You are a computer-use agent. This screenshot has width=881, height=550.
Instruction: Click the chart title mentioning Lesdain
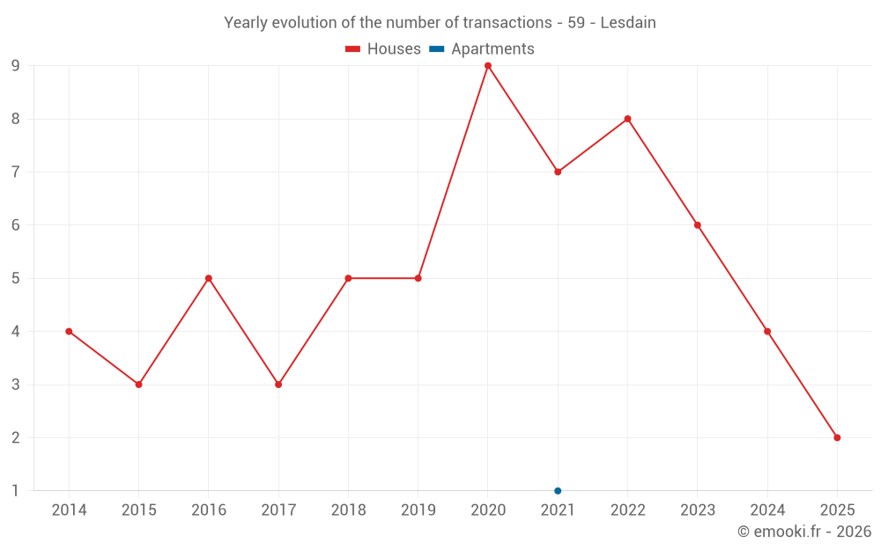point(440,23)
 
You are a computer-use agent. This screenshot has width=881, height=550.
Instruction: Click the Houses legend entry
point(383,49)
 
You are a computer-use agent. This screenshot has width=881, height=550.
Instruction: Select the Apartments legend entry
point(482,49)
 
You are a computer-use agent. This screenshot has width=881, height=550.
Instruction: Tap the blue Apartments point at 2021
point(558,491)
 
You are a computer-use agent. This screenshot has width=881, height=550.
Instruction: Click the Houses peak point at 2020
point(488,66)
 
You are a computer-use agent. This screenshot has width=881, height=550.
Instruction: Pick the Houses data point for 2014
point(69,332)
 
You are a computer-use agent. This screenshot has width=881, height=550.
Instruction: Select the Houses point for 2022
point(627,119)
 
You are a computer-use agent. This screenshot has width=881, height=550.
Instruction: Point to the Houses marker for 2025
point(837,437)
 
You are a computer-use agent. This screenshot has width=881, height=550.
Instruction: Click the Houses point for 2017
point(278,385)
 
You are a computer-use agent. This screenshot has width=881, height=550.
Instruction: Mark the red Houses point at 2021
point(558,172)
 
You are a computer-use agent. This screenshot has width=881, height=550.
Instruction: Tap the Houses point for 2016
point(209,278)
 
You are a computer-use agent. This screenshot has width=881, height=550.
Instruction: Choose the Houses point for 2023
point(698,225)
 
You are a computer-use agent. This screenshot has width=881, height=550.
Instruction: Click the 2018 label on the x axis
point(348,510)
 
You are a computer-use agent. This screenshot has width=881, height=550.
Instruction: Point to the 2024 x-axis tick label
point(767,510)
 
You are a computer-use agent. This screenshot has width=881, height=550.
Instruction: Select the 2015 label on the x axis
point(138,510)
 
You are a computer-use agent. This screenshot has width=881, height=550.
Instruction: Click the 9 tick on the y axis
point(15,66)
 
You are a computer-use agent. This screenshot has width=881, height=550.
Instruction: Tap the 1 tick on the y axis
point(15,491)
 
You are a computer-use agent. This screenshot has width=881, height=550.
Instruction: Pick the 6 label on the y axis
point(15,225)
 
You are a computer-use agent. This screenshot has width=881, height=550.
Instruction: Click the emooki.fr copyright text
point(803,532)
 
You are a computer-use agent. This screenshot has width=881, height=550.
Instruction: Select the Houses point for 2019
point(418,278)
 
